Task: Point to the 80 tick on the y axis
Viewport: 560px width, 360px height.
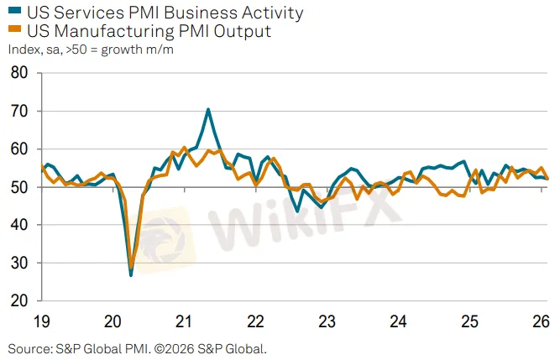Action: (x=18, y=73)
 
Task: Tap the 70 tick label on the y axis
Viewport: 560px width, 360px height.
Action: (x=18, y=112)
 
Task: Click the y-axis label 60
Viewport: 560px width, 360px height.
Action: (x=18, y=149)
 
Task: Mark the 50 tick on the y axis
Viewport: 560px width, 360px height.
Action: (x=18, y=188)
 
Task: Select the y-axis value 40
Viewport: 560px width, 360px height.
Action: (x=18, y=225)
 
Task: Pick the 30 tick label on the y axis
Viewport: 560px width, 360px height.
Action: (x=18, y=263)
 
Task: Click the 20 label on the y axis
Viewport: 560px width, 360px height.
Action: (x=18, y=301)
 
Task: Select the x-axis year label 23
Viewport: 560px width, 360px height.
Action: (x=327, y=321)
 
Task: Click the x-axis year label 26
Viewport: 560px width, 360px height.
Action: (x=541, y=321)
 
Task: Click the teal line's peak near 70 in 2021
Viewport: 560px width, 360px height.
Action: (x=208, y=109)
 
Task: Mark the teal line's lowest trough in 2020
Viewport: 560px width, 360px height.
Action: (x=131, y=274)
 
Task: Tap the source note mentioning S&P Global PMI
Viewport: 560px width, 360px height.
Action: (x=137, y=347)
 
